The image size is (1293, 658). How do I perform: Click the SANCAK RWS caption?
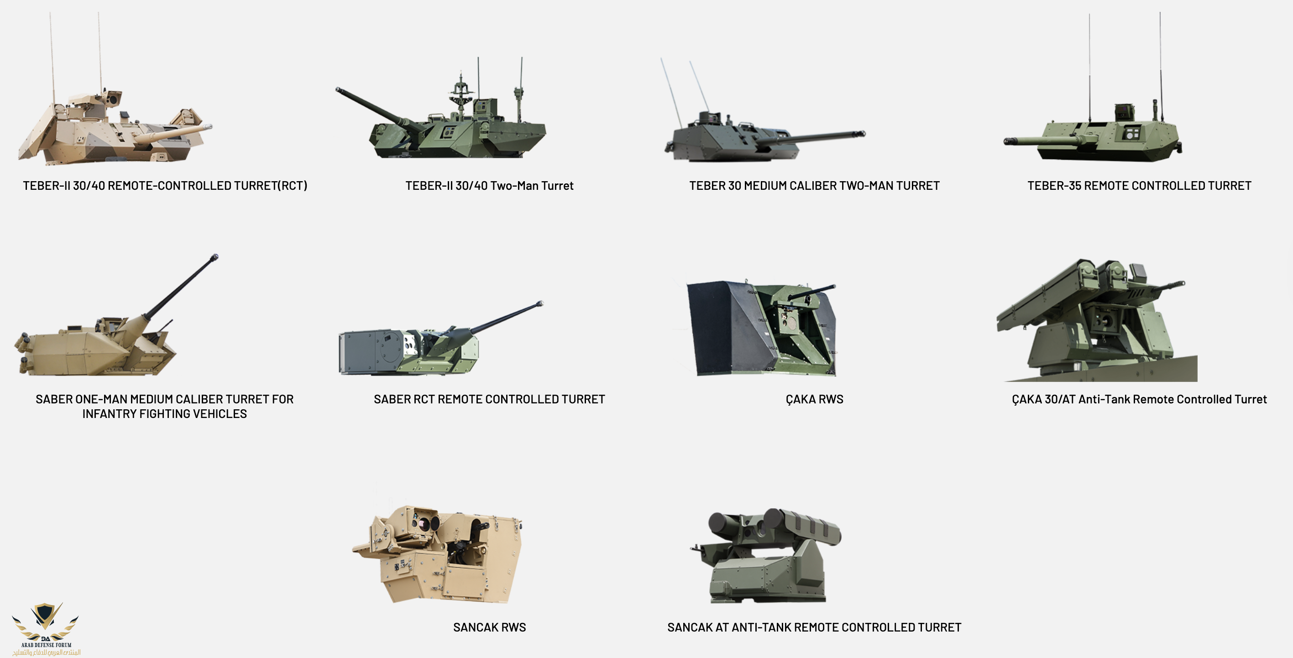(489, 627)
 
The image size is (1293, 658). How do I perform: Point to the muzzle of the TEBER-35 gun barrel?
(1007, 141)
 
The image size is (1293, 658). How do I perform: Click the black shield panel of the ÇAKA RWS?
(730, 329)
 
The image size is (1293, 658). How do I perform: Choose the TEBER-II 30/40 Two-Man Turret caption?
(489, 186)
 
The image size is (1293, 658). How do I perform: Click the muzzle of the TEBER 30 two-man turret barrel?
(862, 134)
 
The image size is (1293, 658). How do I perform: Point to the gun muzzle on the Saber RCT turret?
(540, 303)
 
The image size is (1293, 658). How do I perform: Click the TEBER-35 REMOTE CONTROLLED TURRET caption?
(1139, 186)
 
